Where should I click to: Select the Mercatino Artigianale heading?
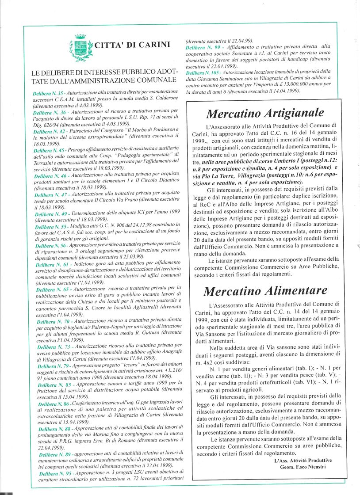[265, 113]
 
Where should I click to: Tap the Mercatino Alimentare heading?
[265, 291]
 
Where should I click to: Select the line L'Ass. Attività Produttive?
[303, 460]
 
